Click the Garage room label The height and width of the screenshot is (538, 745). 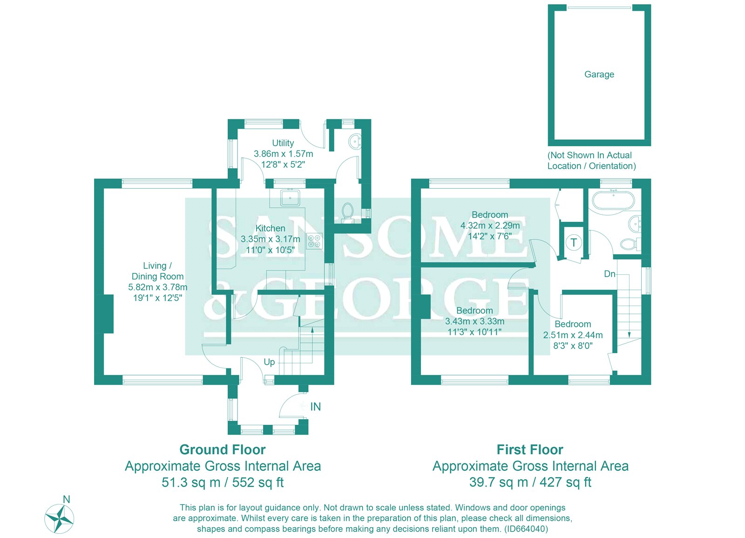tap(599, 75)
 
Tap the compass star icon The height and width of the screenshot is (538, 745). tap(59, 518)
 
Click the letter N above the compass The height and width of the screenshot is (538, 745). tap(67, 499)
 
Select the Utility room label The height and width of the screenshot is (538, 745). tap(283, 143)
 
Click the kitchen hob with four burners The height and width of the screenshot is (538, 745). tap(314, 241)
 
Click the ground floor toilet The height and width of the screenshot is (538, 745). tap(347, 211)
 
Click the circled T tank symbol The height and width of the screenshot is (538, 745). tap(574, 243)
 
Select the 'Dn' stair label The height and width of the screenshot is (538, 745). tap(610, 274)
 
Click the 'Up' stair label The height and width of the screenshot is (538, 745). tap(269, 362)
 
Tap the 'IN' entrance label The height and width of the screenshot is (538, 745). tap(316, 407)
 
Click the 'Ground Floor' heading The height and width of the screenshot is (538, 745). tap(223, 449)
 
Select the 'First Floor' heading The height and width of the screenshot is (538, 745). tap(530, 449)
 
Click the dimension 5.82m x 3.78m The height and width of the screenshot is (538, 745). tap(158, 287)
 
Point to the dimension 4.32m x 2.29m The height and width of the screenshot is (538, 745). tap(490, 225)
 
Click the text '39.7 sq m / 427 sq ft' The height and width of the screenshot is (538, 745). tap(530, 482)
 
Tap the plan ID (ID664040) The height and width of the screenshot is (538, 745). tap(526, 529)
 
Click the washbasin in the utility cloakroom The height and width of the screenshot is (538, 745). tap(355, 140)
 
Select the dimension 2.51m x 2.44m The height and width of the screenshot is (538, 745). tap(573, 335)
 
